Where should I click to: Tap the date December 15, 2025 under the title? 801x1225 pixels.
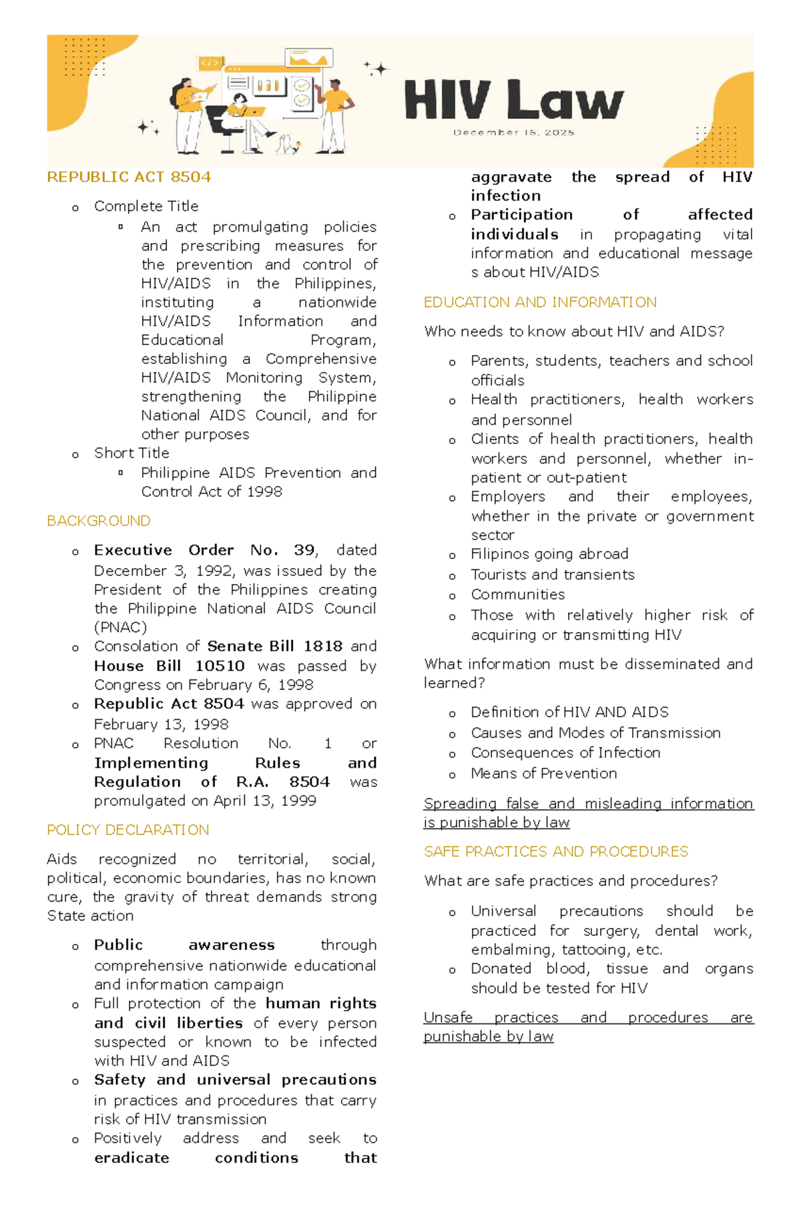coord(513,133)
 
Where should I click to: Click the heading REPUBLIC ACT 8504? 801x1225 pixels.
coord(129,177)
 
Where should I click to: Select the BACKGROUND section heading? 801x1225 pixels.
coord(99,521)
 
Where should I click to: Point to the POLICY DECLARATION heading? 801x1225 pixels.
coord(128,830)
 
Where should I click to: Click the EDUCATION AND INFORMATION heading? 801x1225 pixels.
coord(540,302)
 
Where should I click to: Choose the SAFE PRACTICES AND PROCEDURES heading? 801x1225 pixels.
coord(556,852)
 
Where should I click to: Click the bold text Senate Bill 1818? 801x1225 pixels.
coord(274,646)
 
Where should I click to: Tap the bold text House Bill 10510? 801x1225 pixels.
coord(170,666)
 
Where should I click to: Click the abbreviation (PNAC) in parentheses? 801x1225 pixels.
coord(120,628)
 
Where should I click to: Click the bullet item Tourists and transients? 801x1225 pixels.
coord(552,575)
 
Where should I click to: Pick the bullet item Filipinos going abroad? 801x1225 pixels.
coord(549,554)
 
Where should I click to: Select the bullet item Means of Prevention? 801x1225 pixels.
coord(543,774)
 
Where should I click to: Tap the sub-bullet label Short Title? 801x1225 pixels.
coord(131,453)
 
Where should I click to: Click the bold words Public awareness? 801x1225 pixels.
coord(184,945)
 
